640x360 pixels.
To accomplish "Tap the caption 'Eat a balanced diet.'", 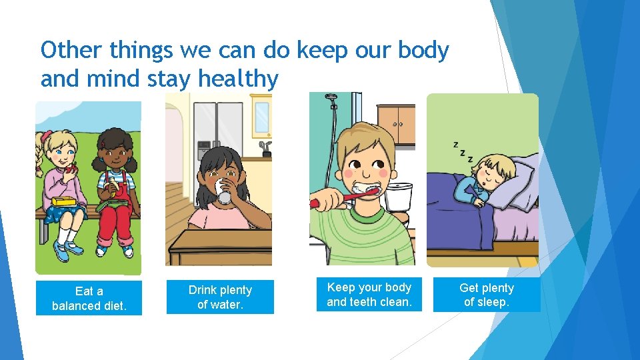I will pos(89,298).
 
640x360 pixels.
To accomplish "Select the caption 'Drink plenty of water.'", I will pos(220,297).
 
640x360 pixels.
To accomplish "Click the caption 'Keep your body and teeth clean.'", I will pos(369,295).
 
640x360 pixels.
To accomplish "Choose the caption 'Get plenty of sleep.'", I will pos(487,295).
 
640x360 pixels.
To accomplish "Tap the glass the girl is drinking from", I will pos(223,191).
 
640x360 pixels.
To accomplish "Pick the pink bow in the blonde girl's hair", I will pos(46,138).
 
